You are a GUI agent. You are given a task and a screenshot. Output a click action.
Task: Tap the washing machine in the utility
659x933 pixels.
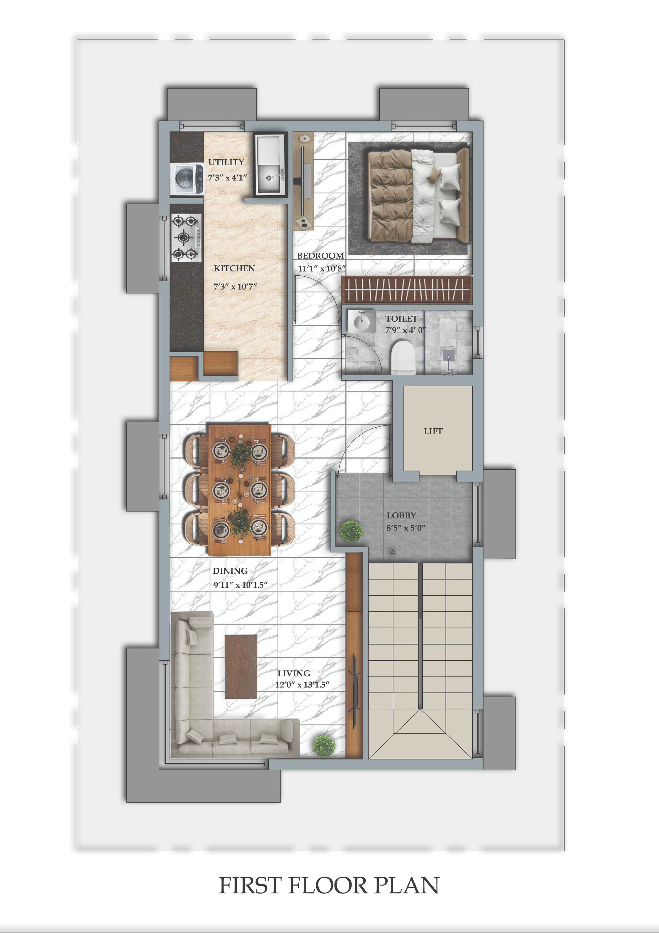point(187,179)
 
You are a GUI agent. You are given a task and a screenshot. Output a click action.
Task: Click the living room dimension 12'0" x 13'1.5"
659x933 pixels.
point(302,685)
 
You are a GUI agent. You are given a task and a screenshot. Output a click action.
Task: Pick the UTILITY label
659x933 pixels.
point(226,162)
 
